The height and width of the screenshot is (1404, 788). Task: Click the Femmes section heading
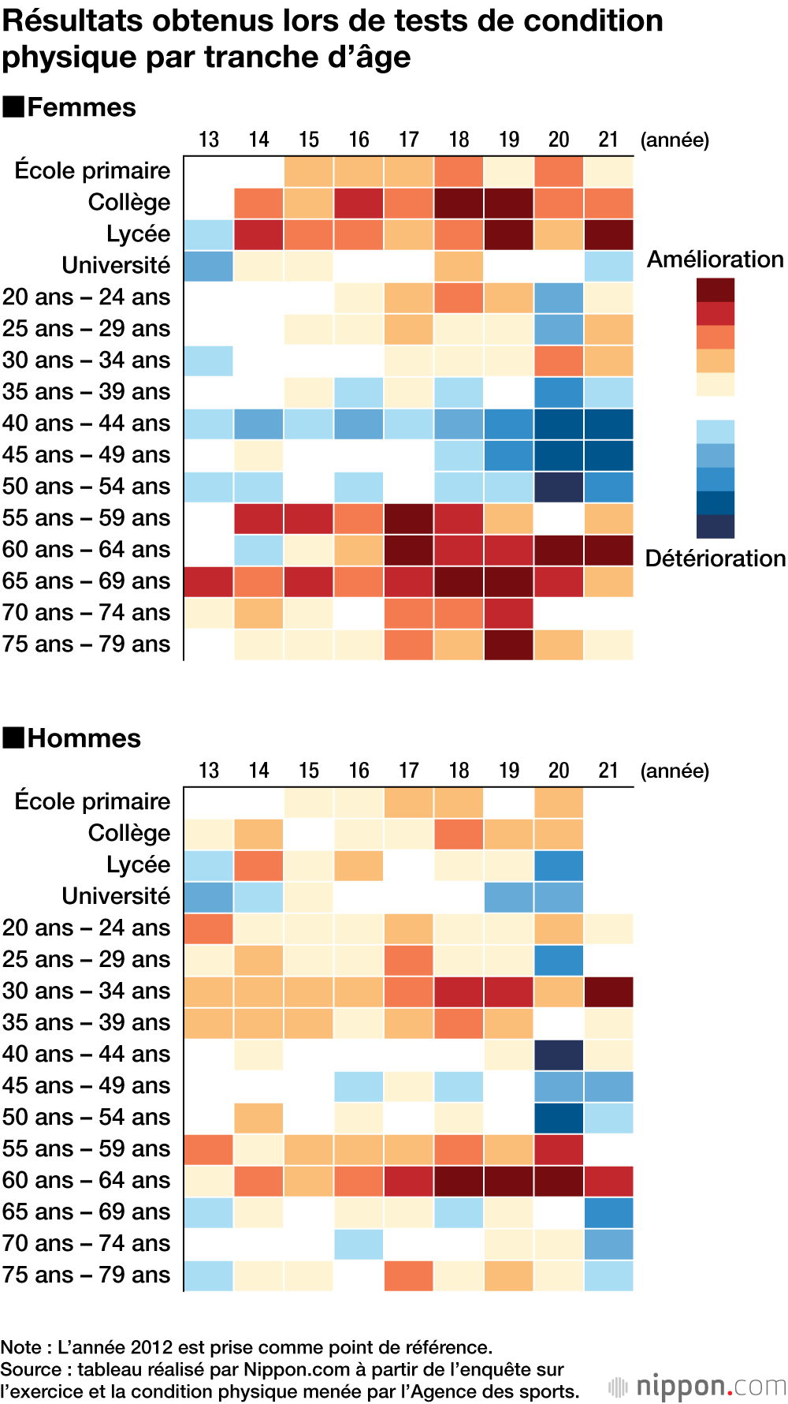(x=81, y=107)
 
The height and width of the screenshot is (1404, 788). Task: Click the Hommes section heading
(x=84, y=738)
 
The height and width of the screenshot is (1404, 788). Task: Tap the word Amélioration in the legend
(x=715, y=260)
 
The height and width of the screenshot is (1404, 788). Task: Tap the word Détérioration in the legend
(x=715, y=558)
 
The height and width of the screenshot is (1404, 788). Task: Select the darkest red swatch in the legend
(x=715, y=290)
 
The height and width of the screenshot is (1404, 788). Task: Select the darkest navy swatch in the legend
(x=715, y=526)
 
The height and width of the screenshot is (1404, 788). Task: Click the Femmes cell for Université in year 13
(x=209, y=267)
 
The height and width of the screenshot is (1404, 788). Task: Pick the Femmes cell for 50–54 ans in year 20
(x=559, y=487)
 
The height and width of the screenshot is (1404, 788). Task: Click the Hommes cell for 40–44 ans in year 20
(x=559, y=1055)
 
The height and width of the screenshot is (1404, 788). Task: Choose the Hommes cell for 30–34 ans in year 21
(x=608, y=992)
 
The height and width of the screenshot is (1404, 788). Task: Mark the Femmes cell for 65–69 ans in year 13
(x=209, y=582)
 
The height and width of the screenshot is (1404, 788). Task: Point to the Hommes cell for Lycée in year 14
(x=258, y=866)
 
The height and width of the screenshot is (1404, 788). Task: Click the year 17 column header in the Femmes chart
(x=408, y=140)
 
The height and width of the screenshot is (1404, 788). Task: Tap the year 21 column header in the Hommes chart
(x=608, y=771)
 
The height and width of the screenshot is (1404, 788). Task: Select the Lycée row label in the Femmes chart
(x=138, y=234)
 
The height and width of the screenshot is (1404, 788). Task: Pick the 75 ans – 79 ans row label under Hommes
(x=86, y=1275)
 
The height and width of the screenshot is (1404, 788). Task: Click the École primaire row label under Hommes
(x=92, y=801)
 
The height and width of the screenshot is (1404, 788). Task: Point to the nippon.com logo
(x=698, y=1386)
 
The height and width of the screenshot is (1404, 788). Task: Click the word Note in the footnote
(x=20, y=1347)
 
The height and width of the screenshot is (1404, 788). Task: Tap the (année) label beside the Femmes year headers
(x=675, y=140)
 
